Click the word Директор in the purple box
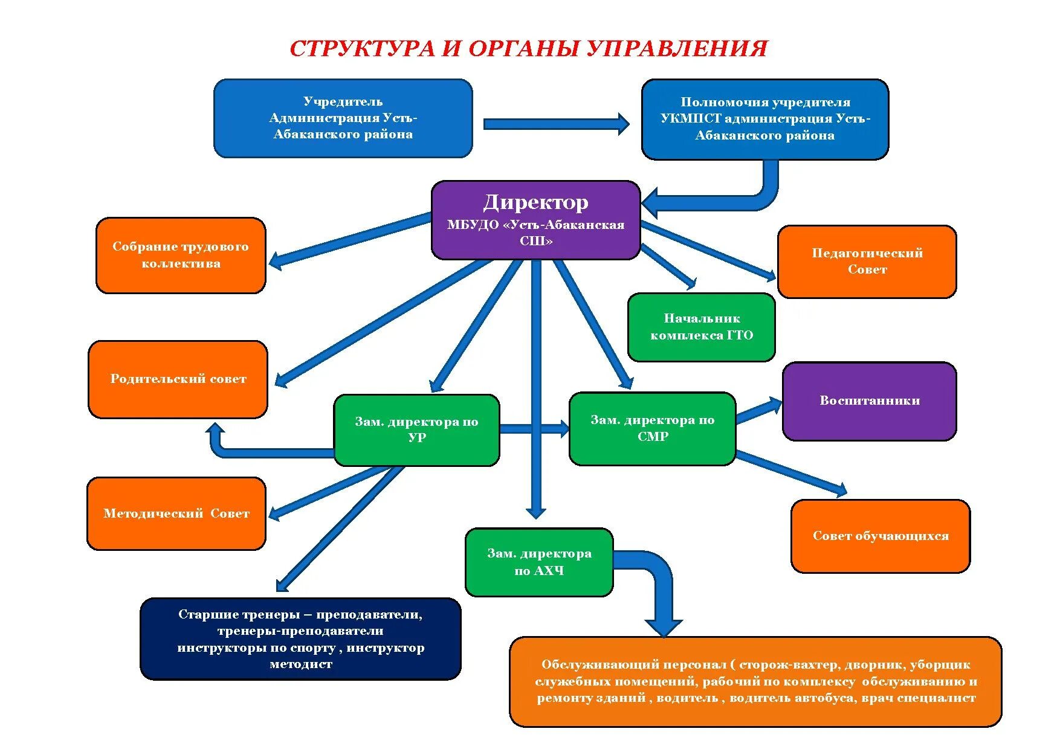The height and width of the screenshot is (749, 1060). (x=535, y=202)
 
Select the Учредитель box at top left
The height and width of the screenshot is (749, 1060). (x=343, y=118)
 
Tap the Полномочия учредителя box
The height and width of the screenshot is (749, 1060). (x=764, y=119)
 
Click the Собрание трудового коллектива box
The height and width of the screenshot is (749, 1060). (x=180, y=256)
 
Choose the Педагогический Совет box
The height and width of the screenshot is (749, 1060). (x=867, y=262)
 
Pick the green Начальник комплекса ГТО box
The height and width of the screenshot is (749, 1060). (x=701, y=327)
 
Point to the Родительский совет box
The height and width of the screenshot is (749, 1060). (x=178, y=379)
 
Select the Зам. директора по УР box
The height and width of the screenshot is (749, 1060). (x=416, y=430)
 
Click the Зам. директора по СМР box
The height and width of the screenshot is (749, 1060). (x=652, y=429)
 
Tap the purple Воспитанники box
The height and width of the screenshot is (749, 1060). (x=869, y=401)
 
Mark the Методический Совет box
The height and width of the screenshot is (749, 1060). (x=176, y=514)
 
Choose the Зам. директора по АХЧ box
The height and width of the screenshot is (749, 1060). (x=539, y=562)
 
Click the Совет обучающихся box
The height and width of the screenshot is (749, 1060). (x=880, y=536)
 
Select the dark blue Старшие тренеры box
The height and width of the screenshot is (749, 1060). (x=300, y=639)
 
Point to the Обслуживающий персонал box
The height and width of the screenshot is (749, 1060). (x=755, y=681)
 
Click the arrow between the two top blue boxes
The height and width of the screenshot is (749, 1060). (x=556, y=124)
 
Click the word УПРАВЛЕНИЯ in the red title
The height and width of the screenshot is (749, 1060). (x=677, y=49)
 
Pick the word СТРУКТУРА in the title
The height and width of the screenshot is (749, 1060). (x=362, y=49)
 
